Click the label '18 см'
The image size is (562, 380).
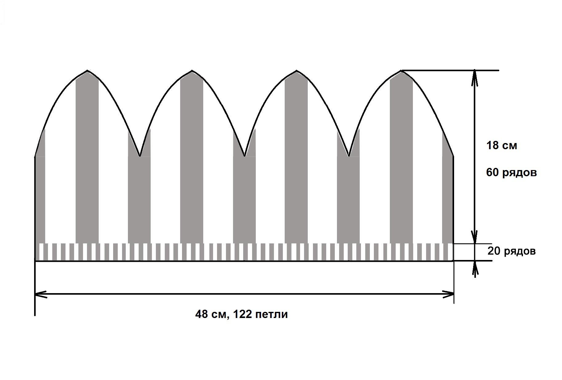(x=501, y=145)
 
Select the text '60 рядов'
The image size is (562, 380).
(x=511, y=173)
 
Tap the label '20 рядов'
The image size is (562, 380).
(x=511, y=251)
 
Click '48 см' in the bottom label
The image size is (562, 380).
(x=212, y=314)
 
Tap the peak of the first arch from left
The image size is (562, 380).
(x=87, y=71)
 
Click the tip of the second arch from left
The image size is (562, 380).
(x=192, y=71)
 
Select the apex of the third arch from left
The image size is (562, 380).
(x=296, y=71)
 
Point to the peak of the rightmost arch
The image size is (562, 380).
(x=401, y=71)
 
